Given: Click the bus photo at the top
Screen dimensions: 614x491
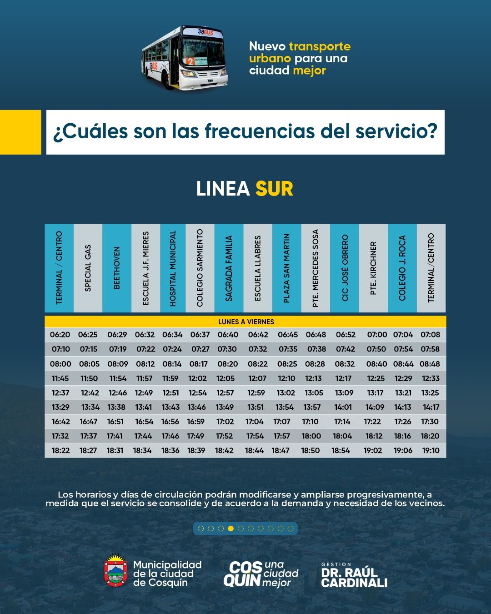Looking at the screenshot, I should [x=185, y=58].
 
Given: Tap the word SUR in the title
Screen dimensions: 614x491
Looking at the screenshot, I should [x=274, y=189].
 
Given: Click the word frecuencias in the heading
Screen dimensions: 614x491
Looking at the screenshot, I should [x=260, y=131].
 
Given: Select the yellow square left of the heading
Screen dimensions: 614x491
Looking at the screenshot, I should [x=20, y=132].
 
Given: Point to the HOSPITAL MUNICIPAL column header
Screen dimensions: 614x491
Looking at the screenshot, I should [x=173, y=268].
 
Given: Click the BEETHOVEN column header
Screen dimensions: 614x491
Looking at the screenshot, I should [x=117, y=268].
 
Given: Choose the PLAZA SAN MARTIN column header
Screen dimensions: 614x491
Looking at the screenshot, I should [x=286, y=268].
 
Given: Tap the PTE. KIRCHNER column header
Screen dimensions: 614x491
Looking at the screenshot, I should [x=373, y=268].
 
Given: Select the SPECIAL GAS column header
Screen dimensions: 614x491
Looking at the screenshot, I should [x=88, y=268].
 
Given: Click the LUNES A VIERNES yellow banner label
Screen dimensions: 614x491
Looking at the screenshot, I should [x=246, y=322].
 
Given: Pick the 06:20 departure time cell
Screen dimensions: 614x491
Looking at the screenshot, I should [x=60, y=335].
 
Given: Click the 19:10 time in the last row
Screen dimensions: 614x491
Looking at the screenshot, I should [x=431, y=450].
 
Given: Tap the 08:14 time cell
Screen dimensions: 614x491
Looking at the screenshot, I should [x=172, y=364].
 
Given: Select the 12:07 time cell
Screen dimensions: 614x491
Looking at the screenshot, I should [x=257, y=378].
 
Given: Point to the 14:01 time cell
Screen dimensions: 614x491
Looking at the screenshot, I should [x=343, y=407].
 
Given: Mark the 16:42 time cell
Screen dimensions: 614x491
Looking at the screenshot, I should [x=60, y=422].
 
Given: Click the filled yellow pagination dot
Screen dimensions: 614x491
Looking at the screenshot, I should [x=230, y=528].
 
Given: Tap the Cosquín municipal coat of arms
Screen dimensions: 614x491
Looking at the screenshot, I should [x=115, y=570].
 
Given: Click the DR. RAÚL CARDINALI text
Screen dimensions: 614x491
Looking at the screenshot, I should [x=354, y=578].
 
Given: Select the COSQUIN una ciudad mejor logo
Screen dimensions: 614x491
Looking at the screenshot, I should [x=261, y=574].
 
